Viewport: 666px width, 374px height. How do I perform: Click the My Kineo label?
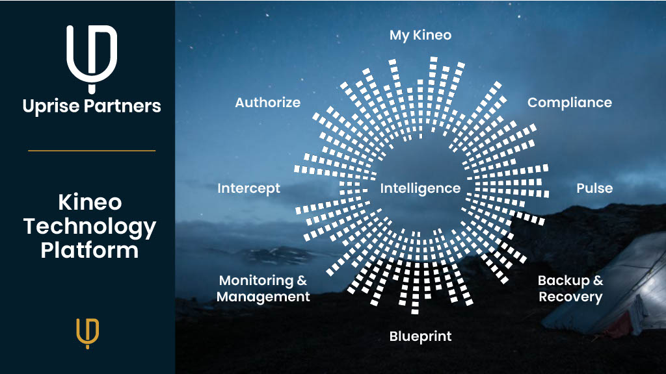(x=420, y=35)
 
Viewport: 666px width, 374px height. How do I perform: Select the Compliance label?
(x=569, y=103)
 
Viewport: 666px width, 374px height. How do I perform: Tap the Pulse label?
(x=594, y=188)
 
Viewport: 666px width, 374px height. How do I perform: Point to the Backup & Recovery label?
(x=570, y=288)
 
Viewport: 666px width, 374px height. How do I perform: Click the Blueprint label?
(x=420, y=336)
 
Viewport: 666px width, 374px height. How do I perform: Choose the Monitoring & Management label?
(x=263, y=288)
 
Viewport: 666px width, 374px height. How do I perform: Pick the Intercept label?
(x=248, y=188)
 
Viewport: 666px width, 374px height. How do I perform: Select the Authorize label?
(x=267, y=103)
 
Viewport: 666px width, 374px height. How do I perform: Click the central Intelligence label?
(x=420, y=188)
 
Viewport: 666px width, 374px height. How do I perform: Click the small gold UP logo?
(x=88, y=333)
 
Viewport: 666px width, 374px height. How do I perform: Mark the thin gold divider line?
(x=92, y=151)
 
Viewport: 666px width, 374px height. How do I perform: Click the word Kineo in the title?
(x=90, y=203)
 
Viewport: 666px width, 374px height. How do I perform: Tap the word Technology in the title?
(x=90, y=226)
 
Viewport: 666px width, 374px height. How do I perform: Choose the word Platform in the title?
(x=90, y=250)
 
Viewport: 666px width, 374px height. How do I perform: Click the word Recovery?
(x=570, y=297)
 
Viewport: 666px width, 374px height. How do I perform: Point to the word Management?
(x=263, y=297)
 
